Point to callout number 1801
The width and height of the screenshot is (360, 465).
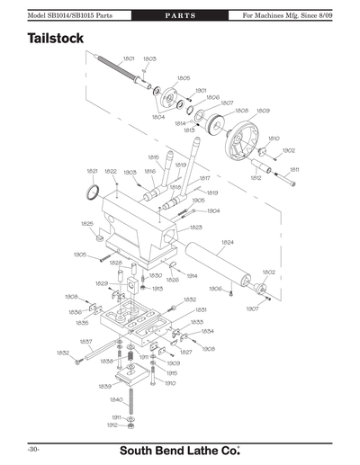[127, 58]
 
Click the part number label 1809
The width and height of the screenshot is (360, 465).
[263, 111]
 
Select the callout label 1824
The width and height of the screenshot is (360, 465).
[228, 242]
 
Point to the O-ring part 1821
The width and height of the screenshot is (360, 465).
[92, 192]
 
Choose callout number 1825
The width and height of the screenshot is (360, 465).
[86, 223]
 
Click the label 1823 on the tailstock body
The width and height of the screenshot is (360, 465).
[195, 228]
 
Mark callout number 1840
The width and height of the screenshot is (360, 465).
[116, 399]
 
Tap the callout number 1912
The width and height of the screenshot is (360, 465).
[112, 425]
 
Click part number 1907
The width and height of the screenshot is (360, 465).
[252, 309]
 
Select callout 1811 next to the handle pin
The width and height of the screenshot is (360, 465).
[294, 169]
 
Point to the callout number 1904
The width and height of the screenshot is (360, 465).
[213, 210]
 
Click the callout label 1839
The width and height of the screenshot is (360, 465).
[104, 384]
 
